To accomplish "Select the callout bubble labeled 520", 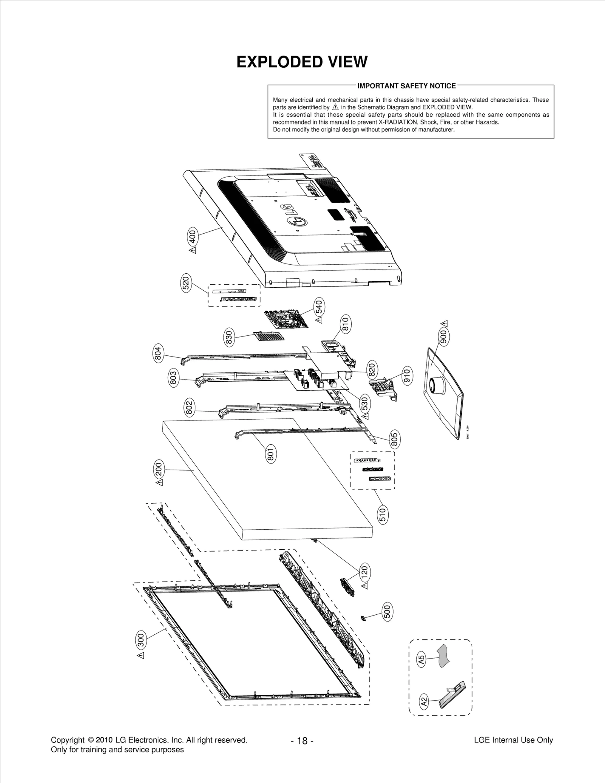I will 186,283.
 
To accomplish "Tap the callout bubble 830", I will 229,337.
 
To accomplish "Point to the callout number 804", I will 158,353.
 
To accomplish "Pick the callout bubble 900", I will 444,336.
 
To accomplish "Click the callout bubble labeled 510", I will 383,515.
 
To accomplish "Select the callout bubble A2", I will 424,702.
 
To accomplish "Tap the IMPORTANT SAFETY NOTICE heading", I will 407,86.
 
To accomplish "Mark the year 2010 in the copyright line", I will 104,740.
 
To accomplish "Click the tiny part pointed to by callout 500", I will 363,618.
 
